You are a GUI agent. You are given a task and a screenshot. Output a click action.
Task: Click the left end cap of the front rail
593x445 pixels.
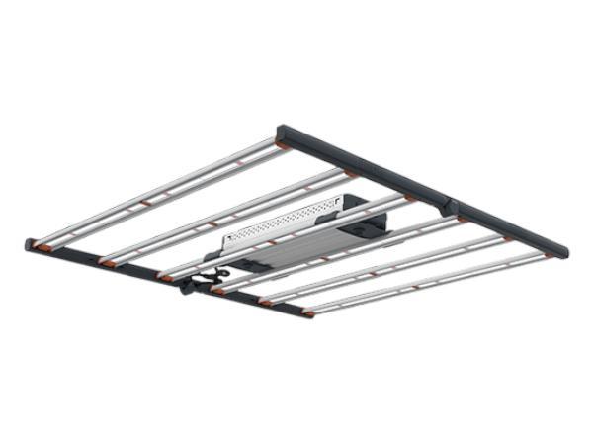[x=31, y=243]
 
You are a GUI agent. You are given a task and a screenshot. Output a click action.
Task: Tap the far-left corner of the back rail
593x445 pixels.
[x=282, y=130]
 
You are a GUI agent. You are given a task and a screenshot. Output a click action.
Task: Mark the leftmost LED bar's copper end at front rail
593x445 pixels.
[x=41, y=242]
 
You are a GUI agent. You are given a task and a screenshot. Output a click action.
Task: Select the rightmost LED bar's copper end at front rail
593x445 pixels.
[x=308, y=313]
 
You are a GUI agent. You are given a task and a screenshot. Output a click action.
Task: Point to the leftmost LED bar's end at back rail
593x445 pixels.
[x=283, y=145]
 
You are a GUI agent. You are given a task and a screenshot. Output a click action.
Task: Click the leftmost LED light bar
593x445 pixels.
[x=158, y=193]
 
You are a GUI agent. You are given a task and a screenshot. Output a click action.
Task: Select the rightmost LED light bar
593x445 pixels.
[x=425, y=284]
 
